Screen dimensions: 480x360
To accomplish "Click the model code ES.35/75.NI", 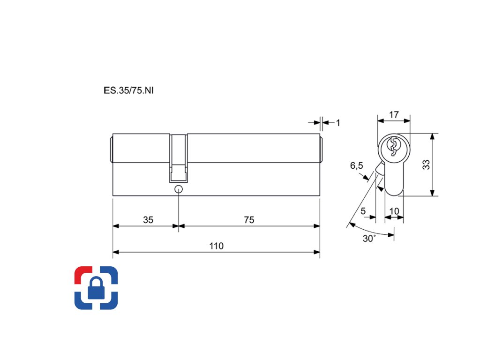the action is pos(128,90).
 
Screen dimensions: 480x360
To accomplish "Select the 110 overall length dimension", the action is pos(216,246).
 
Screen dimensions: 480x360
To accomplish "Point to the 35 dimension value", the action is pos(148,220).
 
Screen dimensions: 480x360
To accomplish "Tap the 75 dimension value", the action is pos(249,220).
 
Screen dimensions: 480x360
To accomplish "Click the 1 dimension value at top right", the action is pos(338,123).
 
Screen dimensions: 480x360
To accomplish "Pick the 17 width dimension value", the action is pos(394,114).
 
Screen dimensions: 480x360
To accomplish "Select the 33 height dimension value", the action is pos(426,165).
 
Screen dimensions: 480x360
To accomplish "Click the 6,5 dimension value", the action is pos(357,165).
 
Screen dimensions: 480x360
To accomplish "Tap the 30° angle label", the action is pos(369,239).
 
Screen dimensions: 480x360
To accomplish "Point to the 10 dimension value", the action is pos(394,211).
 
